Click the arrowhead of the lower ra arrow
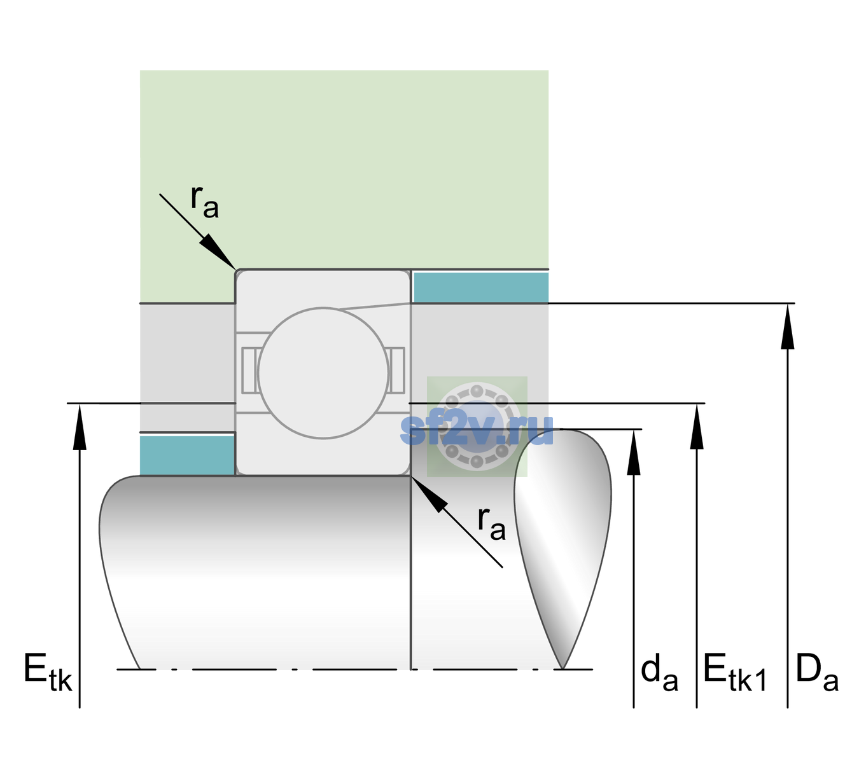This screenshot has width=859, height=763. coord(429,494)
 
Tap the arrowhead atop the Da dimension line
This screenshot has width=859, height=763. coord(787,326)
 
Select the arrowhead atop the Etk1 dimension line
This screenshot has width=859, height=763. coord(697,426)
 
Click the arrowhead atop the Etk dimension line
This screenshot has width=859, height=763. coord(80,427)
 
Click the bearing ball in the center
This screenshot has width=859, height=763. coord(323,373)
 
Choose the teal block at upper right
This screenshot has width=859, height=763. coord(481,287)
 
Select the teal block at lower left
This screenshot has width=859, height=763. coord(187,455)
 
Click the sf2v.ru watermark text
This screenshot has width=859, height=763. coord(477,430)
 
